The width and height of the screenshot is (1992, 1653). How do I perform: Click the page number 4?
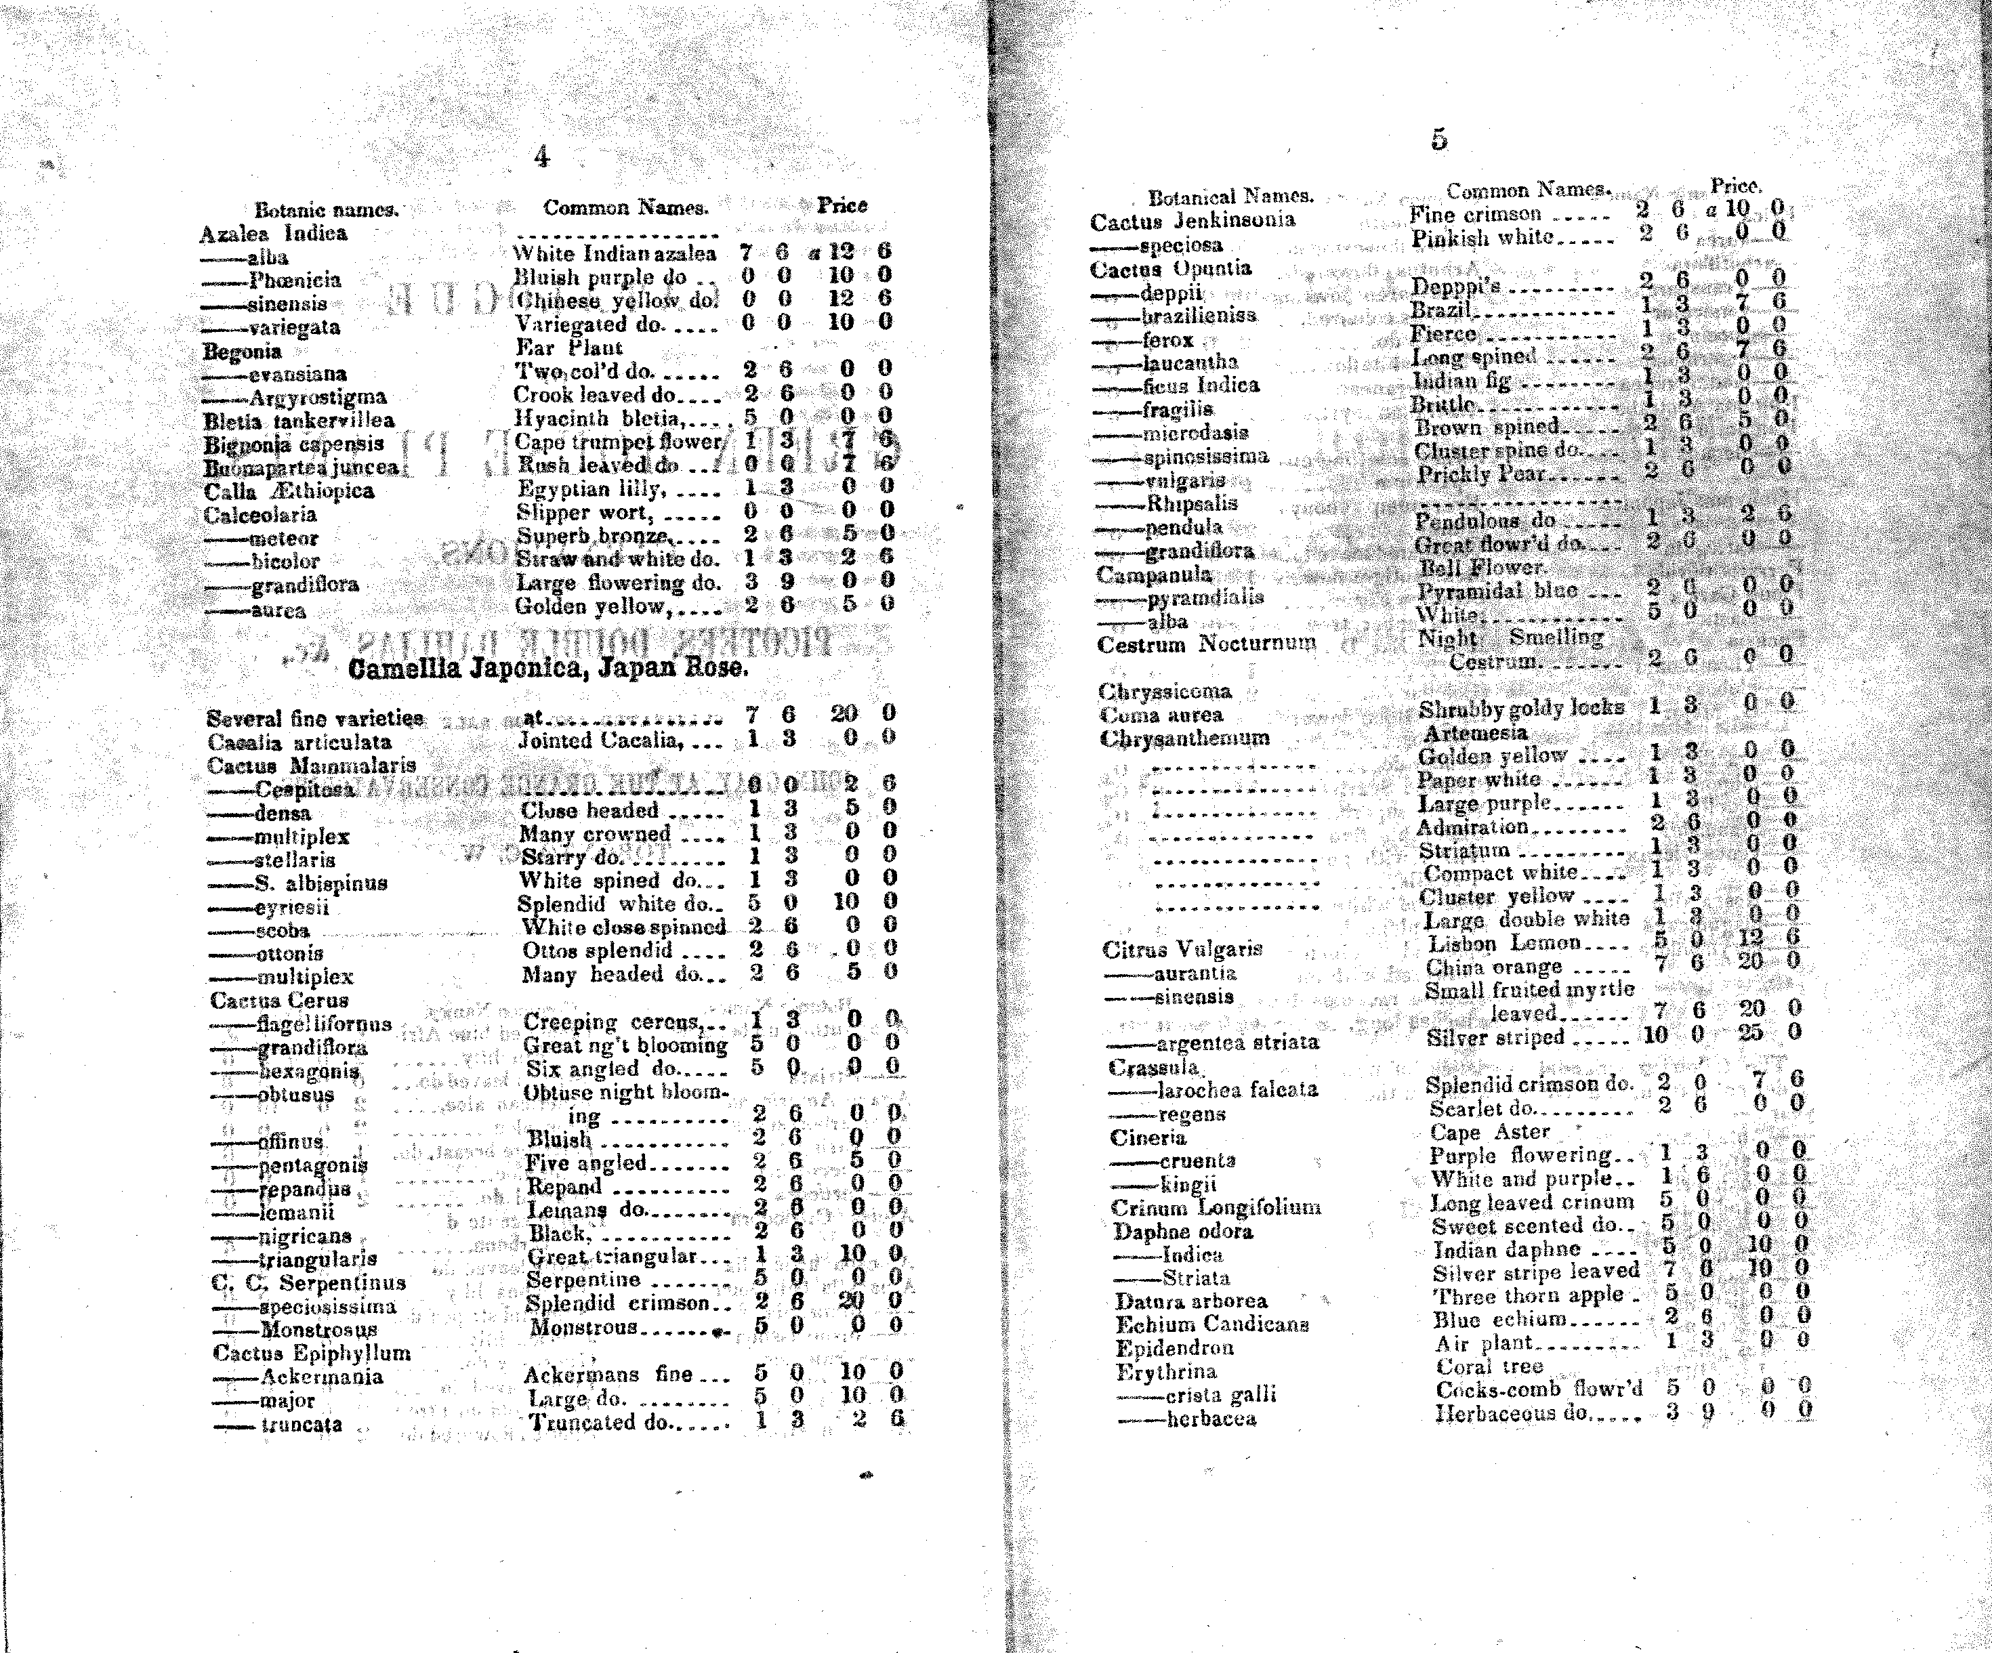(x=541, y=157)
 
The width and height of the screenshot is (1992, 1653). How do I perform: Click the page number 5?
(x=1439, y=140)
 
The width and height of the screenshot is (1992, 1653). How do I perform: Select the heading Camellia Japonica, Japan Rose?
(x=548, y=669)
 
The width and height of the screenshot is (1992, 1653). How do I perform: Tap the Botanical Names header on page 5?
(x=1230, y=197)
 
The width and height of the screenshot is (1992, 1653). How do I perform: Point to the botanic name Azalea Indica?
(x=273, y=233)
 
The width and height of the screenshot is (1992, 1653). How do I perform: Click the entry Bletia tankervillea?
(x=299, y=420)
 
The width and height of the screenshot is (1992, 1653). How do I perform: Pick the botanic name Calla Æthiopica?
(x=289, y=491)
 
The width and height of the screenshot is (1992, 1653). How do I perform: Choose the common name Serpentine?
(x=583, y=1279)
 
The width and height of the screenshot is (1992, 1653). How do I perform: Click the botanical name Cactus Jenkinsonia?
(x=1192, y=221)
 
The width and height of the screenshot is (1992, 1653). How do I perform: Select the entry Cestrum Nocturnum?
(x=1207, y=645)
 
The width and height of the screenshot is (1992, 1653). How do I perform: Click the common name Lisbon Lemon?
(x=1503, y=944)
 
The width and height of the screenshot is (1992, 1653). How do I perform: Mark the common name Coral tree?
(x=1489, y=1366)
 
